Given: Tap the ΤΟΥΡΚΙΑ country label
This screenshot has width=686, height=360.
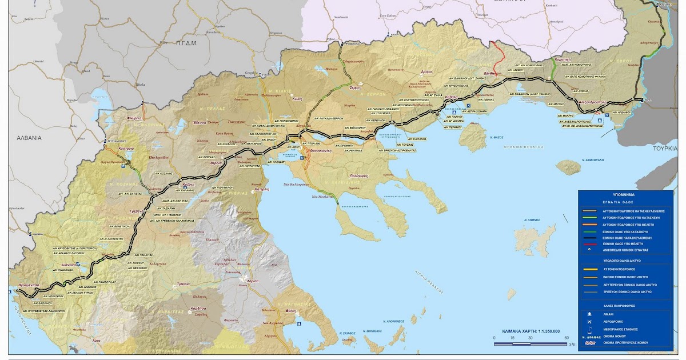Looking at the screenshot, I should [666, 147].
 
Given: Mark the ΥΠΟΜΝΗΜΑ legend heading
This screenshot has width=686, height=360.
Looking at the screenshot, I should [631, 194].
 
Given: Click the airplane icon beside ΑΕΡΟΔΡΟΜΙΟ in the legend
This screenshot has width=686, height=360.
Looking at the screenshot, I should [589, 321].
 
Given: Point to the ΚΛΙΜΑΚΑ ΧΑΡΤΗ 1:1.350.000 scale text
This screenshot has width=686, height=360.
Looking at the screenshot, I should [531, 331].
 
